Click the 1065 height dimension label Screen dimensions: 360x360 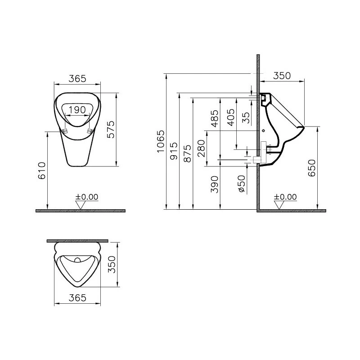click(161, 141)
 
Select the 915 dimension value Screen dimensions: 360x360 click(174, 151)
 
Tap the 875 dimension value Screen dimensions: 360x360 click(188, 153)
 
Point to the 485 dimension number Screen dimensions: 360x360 click(215, 118)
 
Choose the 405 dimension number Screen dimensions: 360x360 click(231, 117)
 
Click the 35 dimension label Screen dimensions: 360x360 click(246, 118)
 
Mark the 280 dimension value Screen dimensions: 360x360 click(201, 148)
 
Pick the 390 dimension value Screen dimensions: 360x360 click(215, 184)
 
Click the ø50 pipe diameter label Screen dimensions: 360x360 click(241, 184)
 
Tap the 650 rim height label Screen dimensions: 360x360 click(312, 168)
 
